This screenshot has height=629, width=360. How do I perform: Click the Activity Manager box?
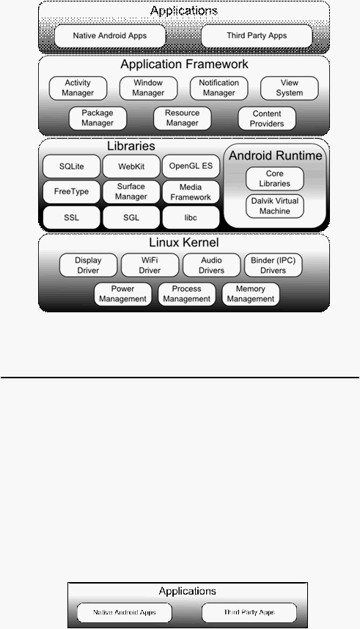[78, 88]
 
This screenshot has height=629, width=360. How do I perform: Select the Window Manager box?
[148, 88]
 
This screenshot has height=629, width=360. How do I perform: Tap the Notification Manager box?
[218, 88]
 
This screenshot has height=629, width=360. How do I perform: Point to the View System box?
[290, 88]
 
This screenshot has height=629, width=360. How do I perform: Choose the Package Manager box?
[98, 118]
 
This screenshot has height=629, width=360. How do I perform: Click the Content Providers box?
[267, 118]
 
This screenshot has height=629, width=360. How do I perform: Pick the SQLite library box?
[71, 166]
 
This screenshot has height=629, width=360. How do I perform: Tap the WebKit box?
[131, 166]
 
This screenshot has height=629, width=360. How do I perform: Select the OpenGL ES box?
[191, 166]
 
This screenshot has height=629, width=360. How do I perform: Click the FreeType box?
[71, 192]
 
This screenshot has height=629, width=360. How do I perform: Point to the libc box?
[191, 218]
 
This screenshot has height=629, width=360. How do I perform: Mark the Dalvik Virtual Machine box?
[275, 206]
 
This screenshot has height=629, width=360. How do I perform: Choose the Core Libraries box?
[275, 179]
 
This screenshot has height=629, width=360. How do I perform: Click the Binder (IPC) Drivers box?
[273, 265]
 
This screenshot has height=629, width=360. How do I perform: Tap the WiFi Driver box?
[150, 265]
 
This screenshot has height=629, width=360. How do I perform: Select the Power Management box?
[122, 294]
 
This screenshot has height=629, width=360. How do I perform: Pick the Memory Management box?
[251, 294]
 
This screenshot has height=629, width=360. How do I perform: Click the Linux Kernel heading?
[184, 243]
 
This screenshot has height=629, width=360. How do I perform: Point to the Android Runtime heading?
[276, 155]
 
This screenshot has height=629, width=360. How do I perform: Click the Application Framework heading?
[184, 65]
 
